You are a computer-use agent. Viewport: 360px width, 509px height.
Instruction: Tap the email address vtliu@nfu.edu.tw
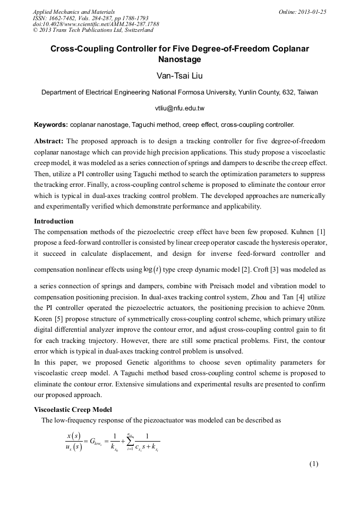pyautogui.click(x=179, y=108)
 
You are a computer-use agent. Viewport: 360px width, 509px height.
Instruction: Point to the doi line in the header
pyautogui.click(x=96, y=24)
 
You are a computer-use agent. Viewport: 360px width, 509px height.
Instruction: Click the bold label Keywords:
pyautogui.click(x=51, y=125)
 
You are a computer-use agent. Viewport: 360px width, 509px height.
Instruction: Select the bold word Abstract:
pyautogui.click(x=49, y=141)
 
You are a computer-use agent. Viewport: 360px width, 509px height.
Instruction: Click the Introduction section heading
pyautogui.click(x=54, y=221)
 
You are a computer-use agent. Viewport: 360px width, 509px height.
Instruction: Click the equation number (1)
pyautogui.click(x=314, y=464)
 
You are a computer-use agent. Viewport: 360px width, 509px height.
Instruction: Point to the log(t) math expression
pyautogui.click(x=152, y=269)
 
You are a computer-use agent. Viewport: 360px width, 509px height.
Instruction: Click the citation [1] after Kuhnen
pyautogui.click(x=321, y=231)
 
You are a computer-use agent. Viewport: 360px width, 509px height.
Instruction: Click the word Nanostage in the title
pyautogui.click(x=179, y=59)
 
